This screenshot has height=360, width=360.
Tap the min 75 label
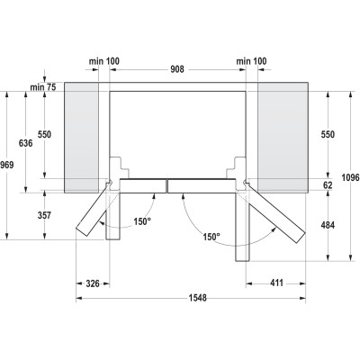pyautogui.click(x=43, y=85)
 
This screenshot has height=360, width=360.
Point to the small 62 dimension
pyautogui.click(x=328, y=184)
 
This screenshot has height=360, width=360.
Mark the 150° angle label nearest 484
pyautogui.click(x=211, y=237)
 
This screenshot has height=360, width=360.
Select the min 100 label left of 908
pyautogui.click(x=103, y=61)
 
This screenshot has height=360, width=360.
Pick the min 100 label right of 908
pyautogui.click(x=250, y=61)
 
